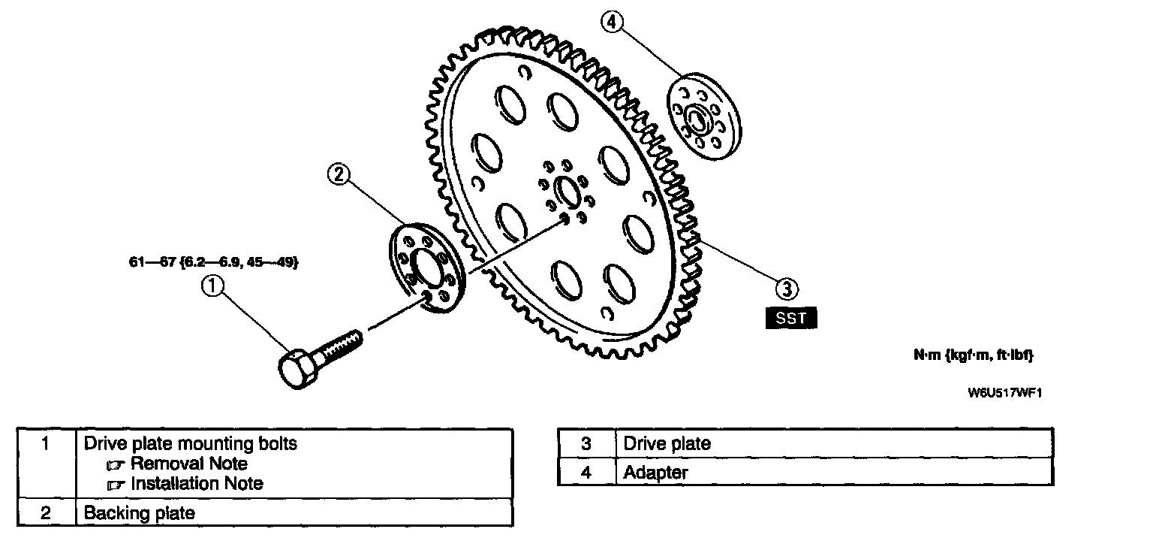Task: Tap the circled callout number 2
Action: pos(339,174)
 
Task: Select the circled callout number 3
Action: pos(785,287)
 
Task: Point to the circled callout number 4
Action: pos(613,23)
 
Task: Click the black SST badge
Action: pos(790,318)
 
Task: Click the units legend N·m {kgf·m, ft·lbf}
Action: pos(973,355)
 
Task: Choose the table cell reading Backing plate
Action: pos(140,513)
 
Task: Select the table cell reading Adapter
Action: pos(655,473)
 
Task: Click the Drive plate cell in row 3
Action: pos(667,443)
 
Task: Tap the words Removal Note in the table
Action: pos(188,464)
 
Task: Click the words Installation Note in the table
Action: pos(197,484)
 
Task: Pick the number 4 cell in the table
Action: pos(586,473)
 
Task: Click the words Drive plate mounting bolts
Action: pos(190,443)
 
